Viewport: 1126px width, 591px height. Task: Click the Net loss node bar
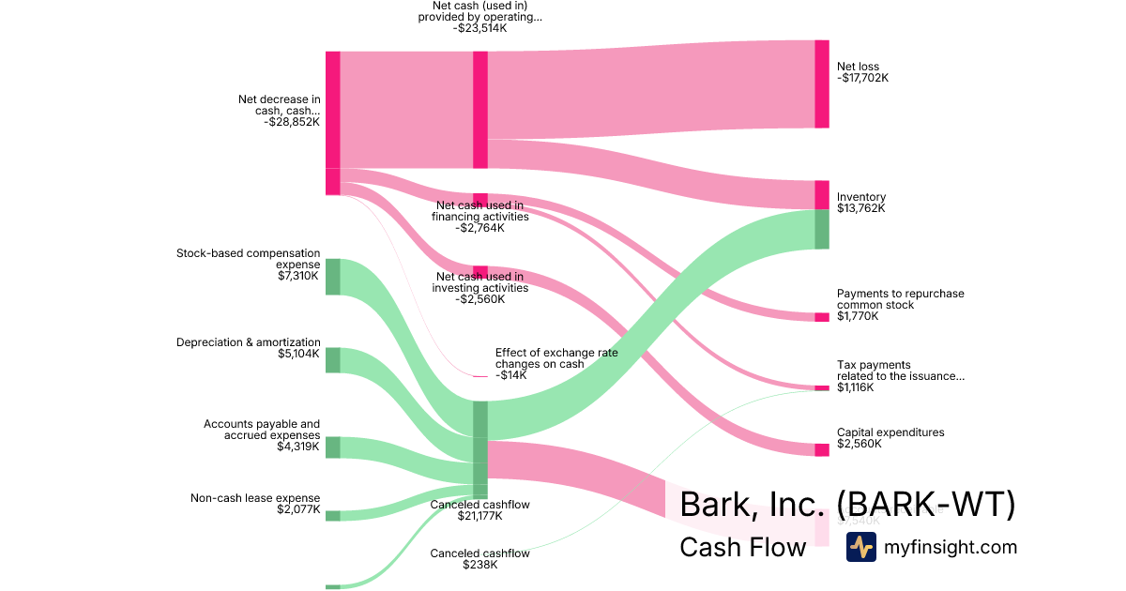(822, 83)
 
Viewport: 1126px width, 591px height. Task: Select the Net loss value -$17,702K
(862, 78)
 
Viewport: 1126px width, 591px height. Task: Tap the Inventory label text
(860, 197)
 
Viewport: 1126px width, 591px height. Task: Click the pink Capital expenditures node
(822, 449)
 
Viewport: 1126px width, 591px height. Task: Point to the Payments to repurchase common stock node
(822, 317)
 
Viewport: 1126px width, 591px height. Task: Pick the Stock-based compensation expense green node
(332, 277)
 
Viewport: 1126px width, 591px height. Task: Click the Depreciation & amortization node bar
(332, 360)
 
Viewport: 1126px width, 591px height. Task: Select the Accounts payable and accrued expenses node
(332, 447)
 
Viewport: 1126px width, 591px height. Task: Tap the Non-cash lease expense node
(332, 515)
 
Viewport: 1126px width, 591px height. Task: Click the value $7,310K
(299, 276)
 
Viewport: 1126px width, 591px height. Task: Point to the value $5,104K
(299, 355)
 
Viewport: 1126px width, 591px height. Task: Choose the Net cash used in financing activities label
(479, 210)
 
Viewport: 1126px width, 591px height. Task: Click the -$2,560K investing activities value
(479, 299)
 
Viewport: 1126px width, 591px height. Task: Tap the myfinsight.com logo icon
(860, 547)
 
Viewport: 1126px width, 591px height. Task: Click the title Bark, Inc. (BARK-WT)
(846, 505)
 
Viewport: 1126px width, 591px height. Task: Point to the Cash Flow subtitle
(742, 547)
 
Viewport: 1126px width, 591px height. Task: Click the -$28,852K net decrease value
(292, 121)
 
